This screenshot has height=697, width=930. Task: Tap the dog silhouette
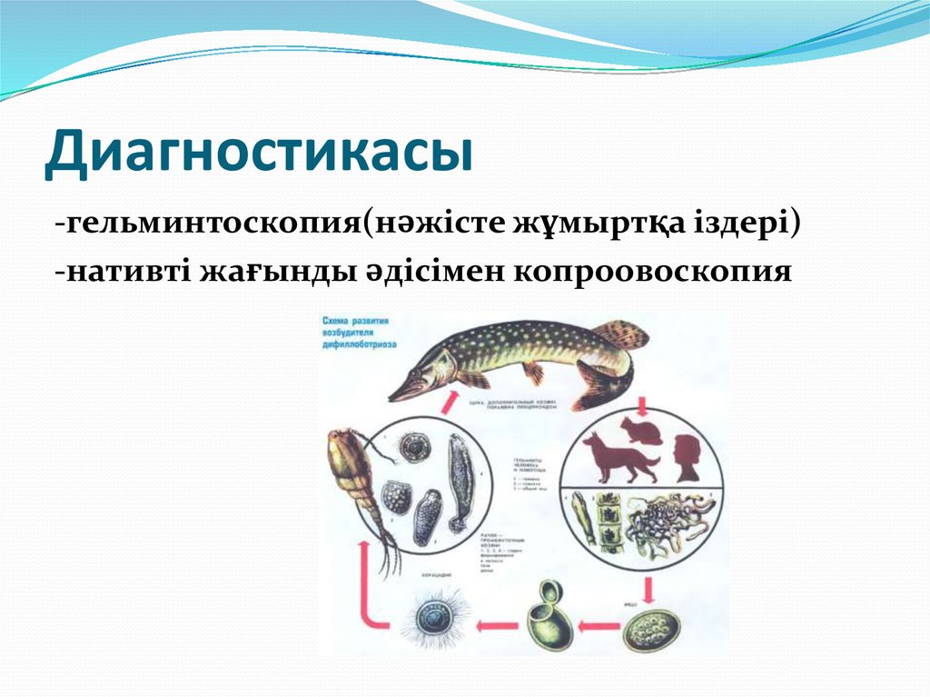tap(619, 457)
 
